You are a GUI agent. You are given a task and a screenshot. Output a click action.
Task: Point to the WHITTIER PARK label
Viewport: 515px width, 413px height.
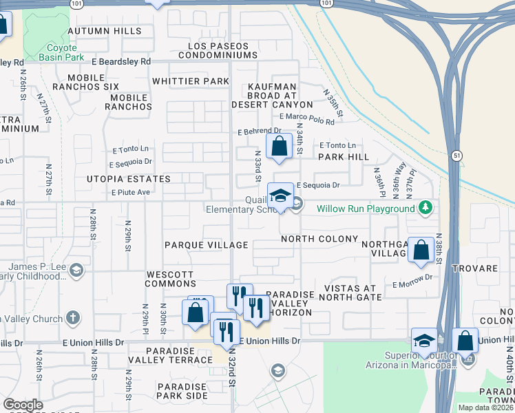coord(190,81)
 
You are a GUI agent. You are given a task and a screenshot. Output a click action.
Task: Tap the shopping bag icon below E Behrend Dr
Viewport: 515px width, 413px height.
coord(279,147)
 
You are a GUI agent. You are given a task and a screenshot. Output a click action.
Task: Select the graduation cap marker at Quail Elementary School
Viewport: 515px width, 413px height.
coord(281,195)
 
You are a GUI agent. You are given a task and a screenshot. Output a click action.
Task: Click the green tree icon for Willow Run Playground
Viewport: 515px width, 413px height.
coord(426,207)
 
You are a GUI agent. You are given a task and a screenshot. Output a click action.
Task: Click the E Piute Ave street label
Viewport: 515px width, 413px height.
coord(131,192)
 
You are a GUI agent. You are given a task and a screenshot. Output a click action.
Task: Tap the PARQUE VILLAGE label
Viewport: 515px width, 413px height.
coord(206,245)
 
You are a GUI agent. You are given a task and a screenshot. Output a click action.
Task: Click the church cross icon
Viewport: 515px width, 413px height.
coord(74,318)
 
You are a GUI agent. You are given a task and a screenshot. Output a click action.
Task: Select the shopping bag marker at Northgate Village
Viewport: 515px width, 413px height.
coord(421,250)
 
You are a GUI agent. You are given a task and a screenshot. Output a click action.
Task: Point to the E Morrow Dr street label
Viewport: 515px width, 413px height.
coord(412,277)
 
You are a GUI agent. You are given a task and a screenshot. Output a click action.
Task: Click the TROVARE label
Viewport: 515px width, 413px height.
coord(474,268)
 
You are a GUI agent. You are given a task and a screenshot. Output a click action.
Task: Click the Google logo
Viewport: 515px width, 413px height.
coord(23,405)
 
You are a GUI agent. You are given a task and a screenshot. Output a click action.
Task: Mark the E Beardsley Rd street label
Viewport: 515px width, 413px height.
coord(120,61)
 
